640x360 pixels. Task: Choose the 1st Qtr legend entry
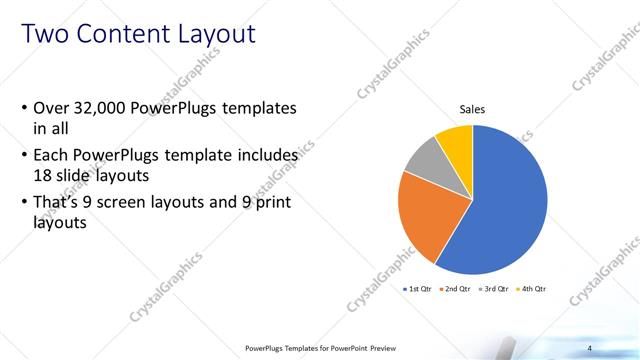(418, 289)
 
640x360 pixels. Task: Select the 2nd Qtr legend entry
(458, 289)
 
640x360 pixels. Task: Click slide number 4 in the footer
(590, 347)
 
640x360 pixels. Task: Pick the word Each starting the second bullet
(51, 156)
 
